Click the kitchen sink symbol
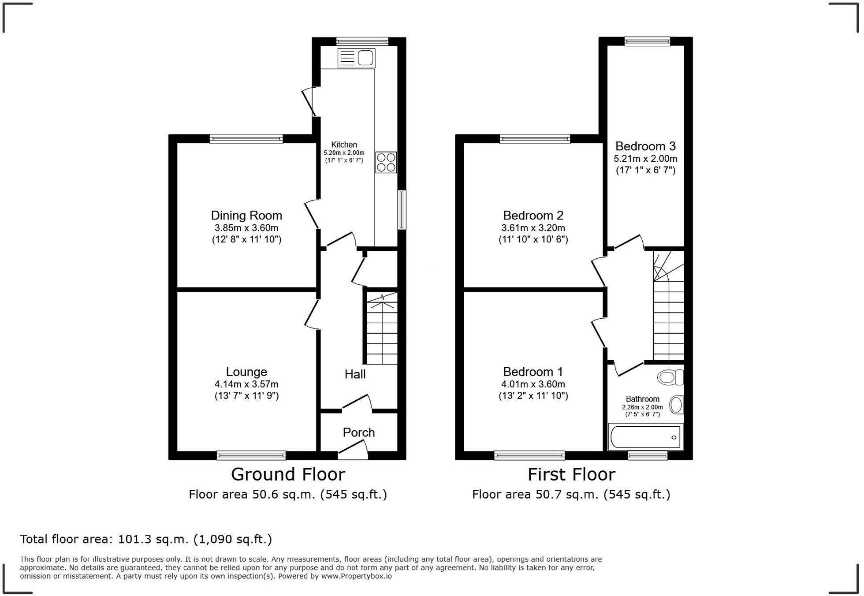tap(356, 58)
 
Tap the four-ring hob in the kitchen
tap(386, 162)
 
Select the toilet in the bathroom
tap(670, 377)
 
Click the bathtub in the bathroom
tap(645, 437)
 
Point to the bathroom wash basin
tap(676, 405)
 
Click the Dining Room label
tap(246, 216)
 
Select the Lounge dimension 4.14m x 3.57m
tap(246, 384)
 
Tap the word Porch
tap(359, 432)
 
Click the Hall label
tap(355, 374)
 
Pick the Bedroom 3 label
tap(645, 146)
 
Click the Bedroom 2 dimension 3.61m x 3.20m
tap(533, 228)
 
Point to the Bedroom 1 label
tap(533, 372)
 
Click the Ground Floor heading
tap(288, 474)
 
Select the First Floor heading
tap(571, 474)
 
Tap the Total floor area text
tap(146, 539)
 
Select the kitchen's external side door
tap(309, 101)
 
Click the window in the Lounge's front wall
tap(251, 455)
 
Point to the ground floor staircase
tap(382, 328)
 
